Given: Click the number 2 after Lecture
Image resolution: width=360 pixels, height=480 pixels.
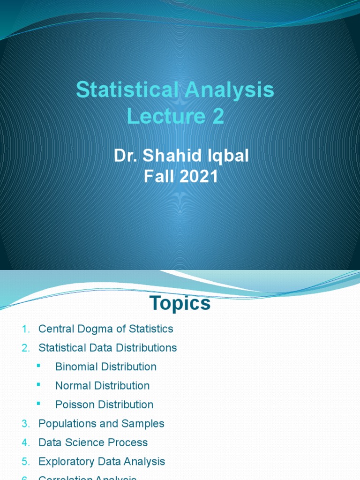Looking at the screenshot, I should click(217, 117).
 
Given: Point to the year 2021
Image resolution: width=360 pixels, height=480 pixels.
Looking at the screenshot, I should click(200, 177).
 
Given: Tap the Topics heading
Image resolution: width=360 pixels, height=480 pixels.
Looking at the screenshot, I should click(180, 304).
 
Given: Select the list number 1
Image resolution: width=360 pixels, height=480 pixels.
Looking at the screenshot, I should click(25, 330).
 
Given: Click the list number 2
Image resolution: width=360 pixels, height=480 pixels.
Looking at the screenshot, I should click(25, 348).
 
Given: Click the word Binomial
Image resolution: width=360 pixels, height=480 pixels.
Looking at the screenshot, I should click(77, 367).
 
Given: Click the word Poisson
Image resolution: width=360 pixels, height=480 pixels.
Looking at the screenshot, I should click(74, 405).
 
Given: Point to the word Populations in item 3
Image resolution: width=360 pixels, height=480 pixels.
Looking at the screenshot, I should click(68, 424).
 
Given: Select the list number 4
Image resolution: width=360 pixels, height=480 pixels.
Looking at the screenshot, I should click(25, 443).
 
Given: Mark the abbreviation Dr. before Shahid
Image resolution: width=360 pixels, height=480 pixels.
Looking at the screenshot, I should click(124, 156).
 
